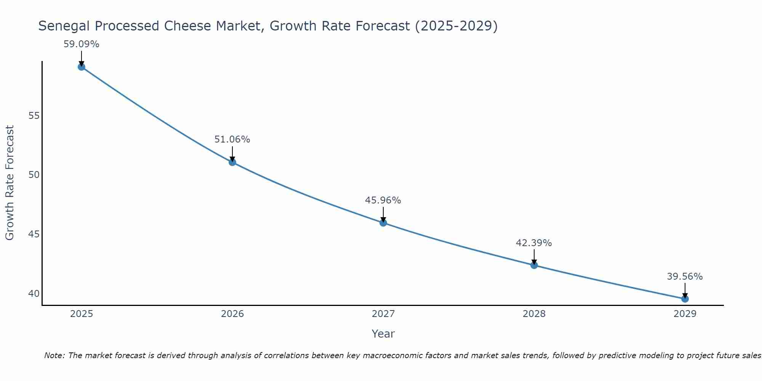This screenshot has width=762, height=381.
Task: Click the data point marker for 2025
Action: pyautogui.click(x=81, y=67)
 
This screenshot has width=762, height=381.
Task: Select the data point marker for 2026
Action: pyautogui.click(x=232, y=162)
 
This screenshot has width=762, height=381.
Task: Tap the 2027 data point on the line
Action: pyautogui.click(x=383, y=223)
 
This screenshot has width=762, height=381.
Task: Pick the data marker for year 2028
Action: pyautogui.click(x=534, y=265)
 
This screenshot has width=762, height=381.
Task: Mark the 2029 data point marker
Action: pyautogui.click(x=685, y=299)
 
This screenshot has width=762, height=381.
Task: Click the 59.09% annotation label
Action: pyautogui.click(x=81, y=44)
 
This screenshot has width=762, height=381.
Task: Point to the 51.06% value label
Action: pyautogui.click(x=232, y=139)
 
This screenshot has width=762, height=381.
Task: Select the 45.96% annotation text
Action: pyautogui.click(x=383, y=200)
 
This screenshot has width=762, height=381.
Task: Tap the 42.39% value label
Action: pyautogui.click(x=534, y=243)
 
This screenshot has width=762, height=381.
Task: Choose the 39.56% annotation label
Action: pyautogui.click(x=685, y=277)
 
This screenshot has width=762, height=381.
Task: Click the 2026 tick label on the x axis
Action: pyautogui.click(x=232, y=314)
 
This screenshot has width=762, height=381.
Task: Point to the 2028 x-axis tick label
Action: pyautogui.click(x=534, y=314)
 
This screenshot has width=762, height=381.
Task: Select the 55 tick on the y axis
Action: pyautogui.click(x=34, y=116)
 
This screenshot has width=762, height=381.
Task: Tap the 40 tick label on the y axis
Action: pyautogui.click(x=34, y=294)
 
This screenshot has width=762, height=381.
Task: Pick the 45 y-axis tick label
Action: pyautogui.click(x=34, y=234)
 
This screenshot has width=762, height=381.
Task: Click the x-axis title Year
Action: pyautogui.click(x=383, y=334)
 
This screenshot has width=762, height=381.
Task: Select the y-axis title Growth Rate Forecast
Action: pyautogui.click(x=10, y=183)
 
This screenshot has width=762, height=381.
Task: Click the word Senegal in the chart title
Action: pyautogui.click(x=64, y=26)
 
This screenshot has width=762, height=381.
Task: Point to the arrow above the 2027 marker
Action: pyautogui.click(x=383, y=214)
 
